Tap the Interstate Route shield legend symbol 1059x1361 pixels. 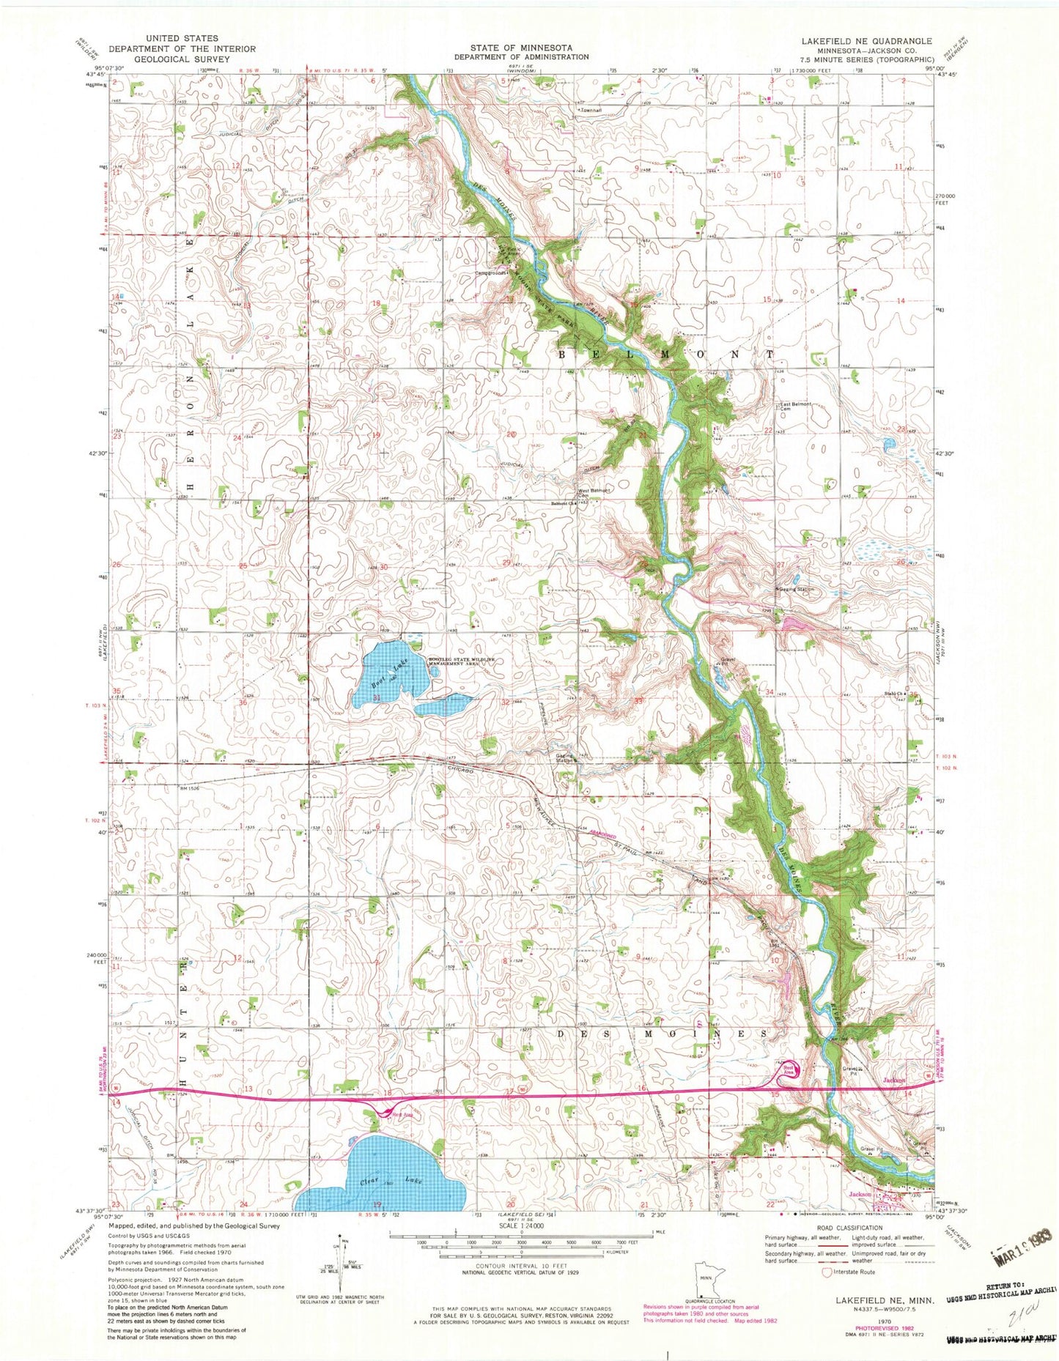coord(827,1272)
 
